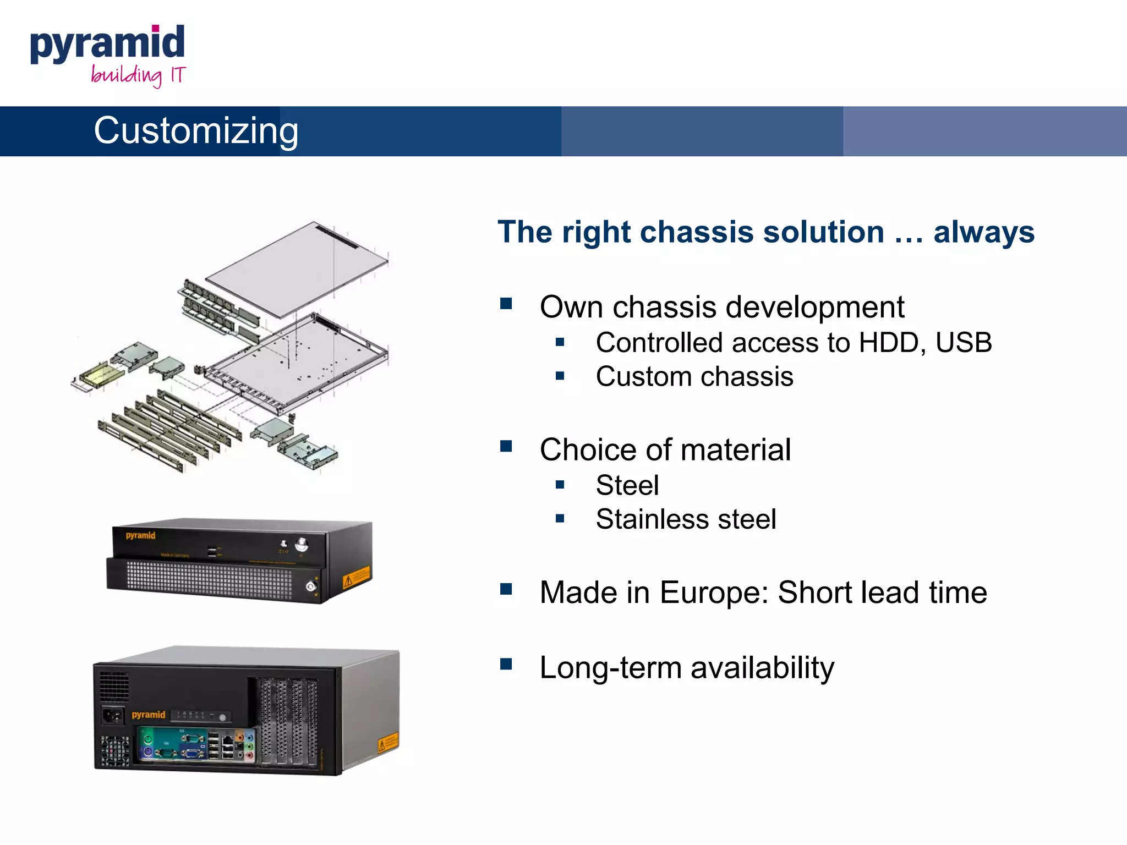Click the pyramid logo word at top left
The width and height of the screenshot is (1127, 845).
click(x=107, y=44)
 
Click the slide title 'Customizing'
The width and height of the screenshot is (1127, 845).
click(x=196, y=131)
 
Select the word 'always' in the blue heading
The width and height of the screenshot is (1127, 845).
click(x=984, y=232)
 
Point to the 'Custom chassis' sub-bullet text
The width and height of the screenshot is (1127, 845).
click(x=694, y=377)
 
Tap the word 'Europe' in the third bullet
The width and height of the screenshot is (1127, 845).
click(x=714, y=593)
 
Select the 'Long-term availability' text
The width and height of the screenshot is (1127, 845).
click(x=687, y=668)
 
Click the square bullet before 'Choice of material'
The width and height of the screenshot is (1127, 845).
click(x=506, y=446)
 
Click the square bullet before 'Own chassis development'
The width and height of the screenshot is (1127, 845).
click(x=506, y=304)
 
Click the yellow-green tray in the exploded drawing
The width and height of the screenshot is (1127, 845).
click(x=102, y=376)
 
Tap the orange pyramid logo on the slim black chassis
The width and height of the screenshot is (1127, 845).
click(x=140, y=535)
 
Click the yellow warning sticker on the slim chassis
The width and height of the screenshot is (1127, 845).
click(x=356, y=578)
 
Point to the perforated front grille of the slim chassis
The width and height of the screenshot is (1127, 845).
click(x=209, y=580)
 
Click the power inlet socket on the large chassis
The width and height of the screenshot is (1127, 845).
click(x=113, y=716)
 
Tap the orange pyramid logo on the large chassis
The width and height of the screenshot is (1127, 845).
click(x=149, y=715)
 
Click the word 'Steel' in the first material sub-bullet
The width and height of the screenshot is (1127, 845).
click(x=627, y=486)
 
